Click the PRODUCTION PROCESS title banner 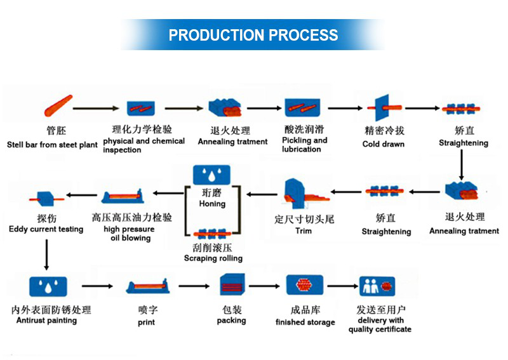[253, 35]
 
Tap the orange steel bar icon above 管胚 [58, 105]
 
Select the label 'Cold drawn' [384, 144]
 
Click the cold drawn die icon [384, 107]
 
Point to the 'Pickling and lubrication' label [305, 145]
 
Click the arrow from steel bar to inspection [96, 108]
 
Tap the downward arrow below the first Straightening [462, 164]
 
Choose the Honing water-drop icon [211, 175]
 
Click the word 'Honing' [212, 204]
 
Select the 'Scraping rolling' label [213, 258]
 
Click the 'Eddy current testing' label [46, 229]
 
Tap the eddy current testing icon [46, 199]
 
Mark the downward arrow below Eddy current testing [46, 255]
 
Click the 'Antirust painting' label [46, 321]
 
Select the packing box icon [232, 284]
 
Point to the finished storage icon [305, 285]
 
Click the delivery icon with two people [377, 286]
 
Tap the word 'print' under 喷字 [147, 323]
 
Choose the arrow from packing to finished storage [264, 286]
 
